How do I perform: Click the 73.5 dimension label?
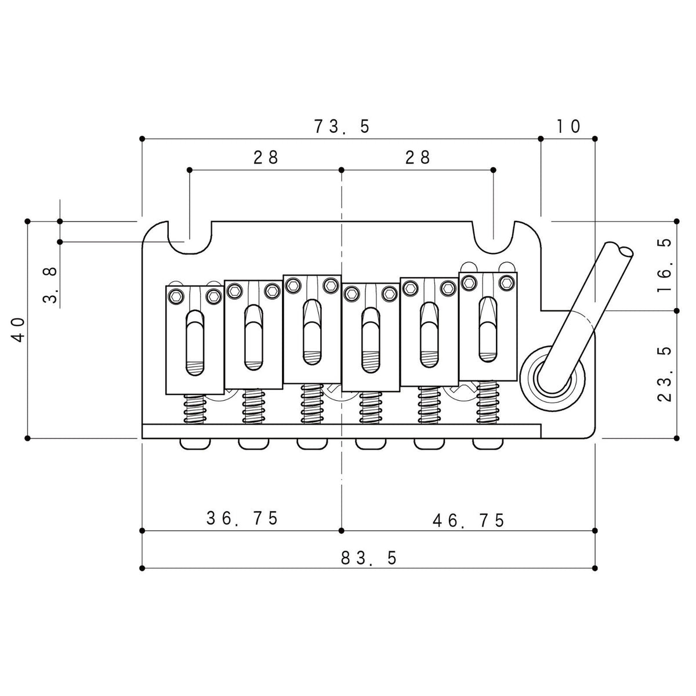[x=342, y=126]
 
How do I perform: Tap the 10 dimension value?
[x=568, y=126]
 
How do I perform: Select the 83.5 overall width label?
[x=368, y=558]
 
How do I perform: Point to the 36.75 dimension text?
[x=242, y=519]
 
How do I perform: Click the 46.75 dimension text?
[x=469, y=520]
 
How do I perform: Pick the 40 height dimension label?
[x=19, y=330]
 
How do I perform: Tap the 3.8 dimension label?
[x=50, y=285]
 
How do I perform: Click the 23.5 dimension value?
[x=665, y=374]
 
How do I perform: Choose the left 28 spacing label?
[x=266, y=158]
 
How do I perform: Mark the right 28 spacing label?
[x=418, y=158]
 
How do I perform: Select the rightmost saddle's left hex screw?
[x=469, y=282]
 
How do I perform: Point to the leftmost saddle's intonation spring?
[x=195, y=408]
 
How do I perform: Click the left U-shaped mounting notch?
[x=189, y=238]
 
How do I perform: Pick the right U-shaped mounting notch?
[x=494, y=238]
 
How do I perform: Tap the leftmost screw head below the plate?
[x=195, y=444]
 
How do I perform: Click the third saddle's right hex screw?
[x=330, y=285]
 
